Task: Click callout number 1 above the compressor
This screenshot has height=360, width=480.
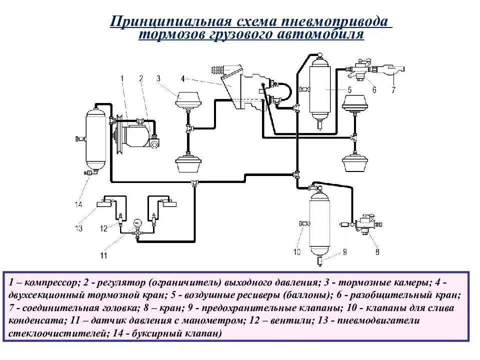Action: (x=121, y=78)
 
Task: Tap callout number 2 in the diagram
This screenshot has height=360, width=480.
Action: (x=141, y=78)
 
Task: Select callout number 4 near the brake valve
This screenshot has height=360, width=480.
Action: (x=182, y=78)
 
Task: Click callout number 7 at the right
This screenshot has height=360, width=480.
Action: (x=393, y=90)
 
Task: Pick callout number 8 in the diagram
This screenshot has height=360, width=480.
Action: (x=377, y=251)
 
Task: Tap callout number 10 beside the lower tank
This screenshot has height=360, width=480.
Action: (x=296, y=251)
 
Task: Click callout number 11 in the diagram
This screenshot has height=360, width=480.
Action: (x=103, y=255)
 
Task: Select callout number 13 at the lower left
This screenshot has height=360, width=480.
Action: (x=78, y=228)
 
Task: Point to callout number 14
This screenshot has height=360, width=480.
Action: (x=78, y=204)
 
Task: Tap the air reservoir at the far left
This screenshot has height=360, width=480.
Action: (x=96, y=138)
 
